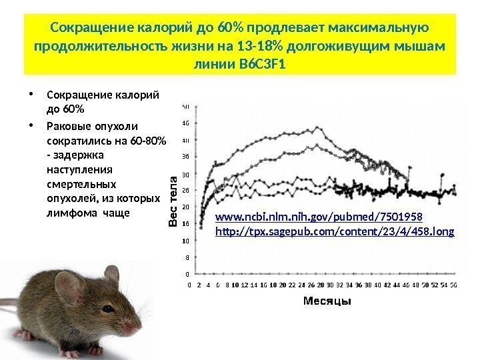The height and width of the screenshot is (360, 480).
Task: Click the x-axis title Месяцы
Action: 327,301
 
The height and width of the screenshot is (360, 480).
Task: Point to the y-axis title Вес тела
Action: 173,201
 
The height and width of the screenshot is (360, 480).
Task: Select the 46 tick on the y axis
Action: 186,123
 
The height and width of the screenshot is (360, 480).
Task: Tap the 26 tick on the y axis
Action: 186,191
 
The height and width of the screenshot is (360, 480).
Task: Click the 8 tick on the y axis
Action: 186,257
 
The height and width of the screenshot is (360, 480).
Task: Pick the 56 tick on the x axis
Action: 453,284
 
